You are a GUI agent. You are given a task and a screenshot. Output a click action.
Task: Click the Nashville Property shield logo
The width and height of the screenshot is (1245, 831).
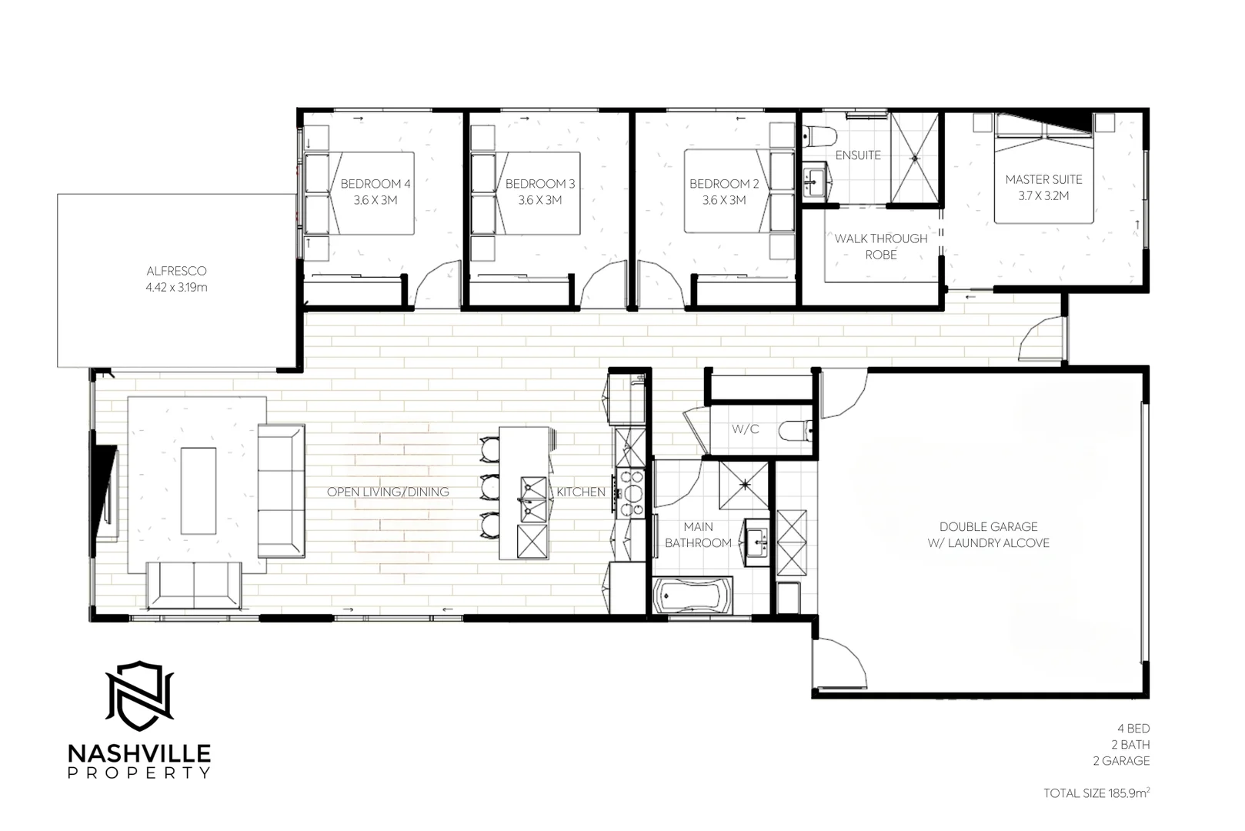pos(139,696)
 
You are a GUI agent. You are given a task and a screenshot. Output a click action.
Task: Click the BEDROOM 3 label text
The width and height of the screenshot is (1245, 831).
pos(540,184)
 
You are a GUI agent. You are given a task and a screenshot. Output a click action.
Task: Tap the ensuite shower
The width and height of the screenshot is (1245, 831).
pos(915,158)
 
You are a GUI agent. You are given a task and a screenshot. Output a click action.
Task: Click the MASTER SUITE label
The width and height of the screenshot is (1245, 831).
pos(1043,179)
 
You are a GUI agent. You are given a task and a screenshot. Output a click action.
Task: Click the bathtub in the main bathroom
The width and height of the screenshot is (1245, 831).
pos(693,596)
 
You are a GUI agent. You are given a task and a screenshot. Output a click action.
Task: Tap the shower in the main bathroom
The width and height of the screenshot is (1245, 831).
pos(744,485)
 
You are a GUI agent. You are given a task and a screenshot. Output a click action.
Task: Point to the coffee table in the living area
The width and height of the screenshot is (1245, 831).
pos(198,491)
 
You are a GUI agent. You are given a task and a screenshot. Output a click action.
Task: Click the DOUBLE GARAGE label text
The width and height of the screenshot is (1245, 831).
pos(988,527)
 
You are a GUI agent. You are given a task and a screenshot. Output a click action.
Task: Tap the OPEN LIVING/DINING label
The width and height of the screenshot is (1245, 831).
pos(388,492)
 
